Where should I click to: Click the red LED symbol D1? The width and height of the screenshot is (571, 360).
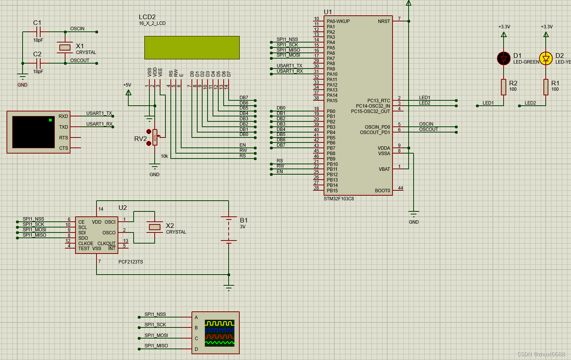pos(504,59)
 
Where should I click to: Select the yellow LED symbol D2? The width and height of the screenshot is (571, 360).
pos(546,59)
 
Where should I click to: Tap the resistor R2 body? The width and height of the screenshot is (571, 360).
pos(504,87)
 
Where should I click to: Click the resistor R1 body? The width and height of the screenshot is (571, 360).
pos(546,87)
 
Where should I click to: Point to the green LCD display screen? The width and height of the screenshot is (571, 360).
pos(192,47)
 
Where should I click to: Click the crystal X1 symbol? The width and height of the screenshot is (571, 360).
pos(65,47)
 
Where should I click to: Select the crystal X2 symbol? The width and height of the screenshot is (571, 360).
pos(154,227)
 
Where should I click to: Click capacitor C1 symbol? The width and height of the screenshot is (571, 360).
pos(38,32)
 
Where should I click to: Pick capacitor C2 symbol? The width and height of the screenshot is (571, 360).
pos(38,63)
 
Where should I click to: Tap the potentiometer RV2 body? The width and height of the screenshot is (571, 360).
pos(155,137)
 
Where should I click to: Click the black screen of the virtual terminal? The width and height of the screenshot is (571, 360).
pos(33,132)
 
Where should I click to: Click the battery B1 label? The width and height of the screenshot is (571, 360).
pos(244,220)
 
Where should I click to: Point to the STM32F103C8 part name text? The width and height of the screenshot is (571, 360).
pos(339,199)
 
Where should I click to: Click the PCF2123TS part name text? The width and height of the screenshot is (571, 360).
pos(131,262)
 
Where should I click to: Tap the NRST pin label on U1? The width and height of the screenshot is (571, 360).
pos(384,21)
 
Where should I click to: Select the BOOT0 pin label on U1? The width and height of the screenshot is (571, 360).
pos(382,191)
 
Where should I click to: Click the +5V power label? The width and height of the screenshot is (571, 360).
pos(127,85)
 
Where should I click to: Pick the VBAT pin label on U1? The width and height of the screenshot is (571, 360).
pos(384,169)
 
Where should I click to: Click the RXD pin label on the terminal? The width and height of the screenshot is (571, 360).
pos(63,116)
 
